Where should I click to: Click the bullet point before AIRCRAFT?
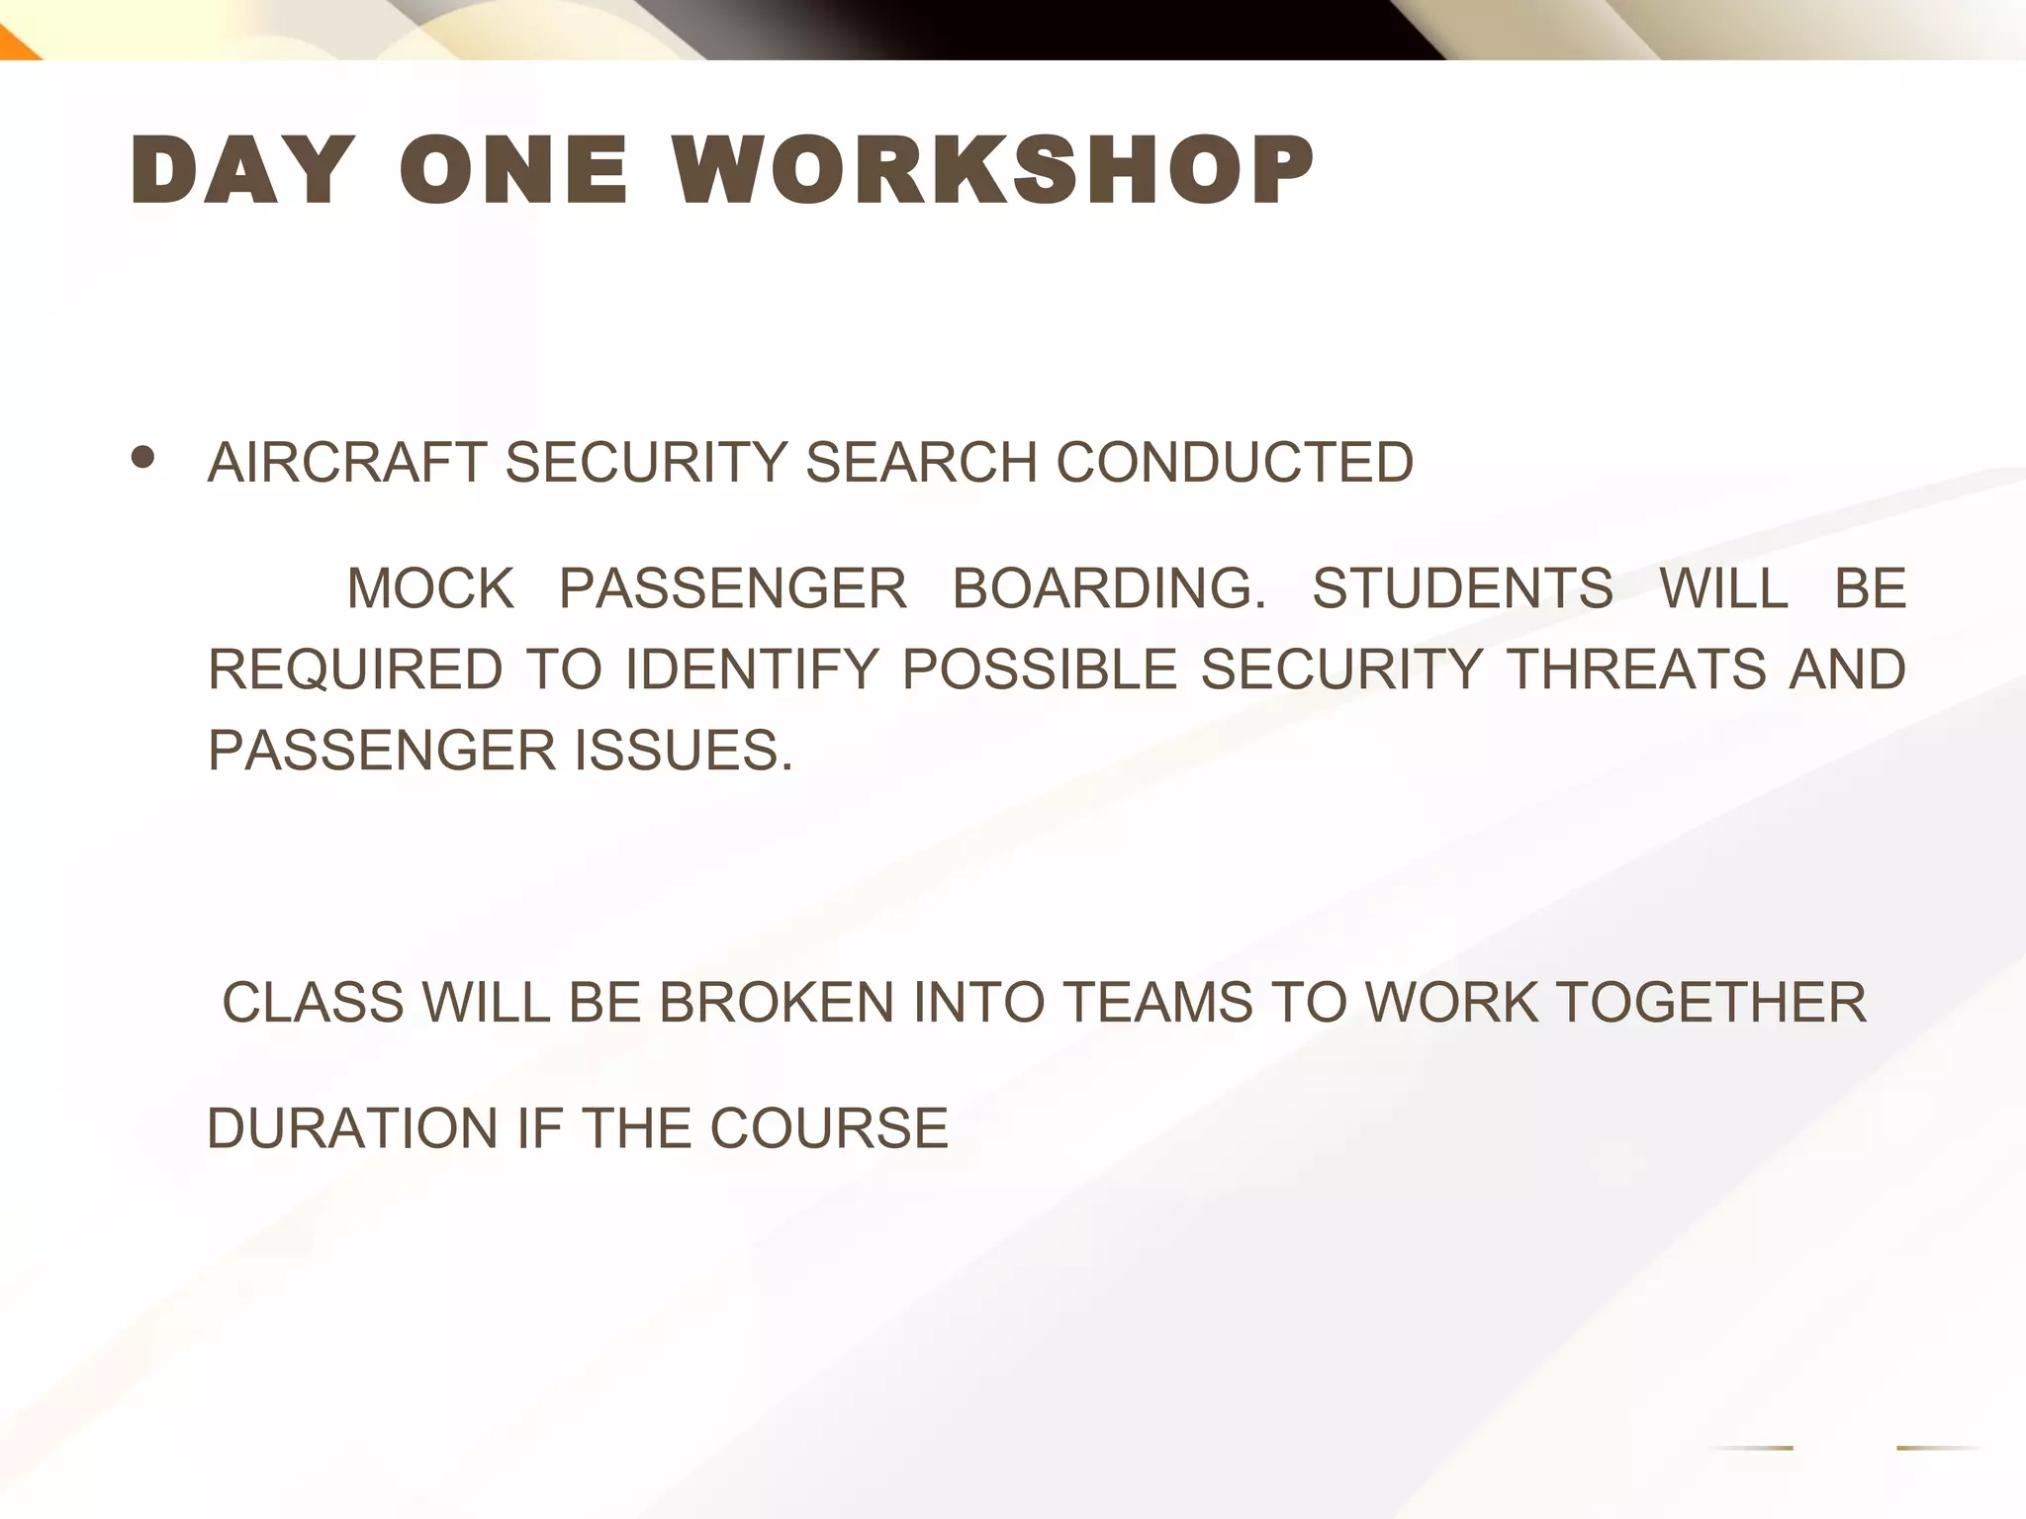[143, 457]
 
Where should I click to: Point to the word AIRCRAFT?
[347, 463]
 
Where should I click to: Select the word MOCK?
[430, 588]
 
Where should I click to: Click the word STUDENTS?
[1462, 588]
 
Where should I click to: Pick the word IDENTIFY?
[752, 670]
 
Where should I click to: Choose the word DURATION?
[351, 1128]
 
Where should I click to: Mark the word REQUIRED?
[355, 670]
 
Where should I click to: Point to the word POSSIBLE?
[1039, 670]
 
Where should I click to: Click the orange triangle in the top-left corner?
[14, 47]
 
